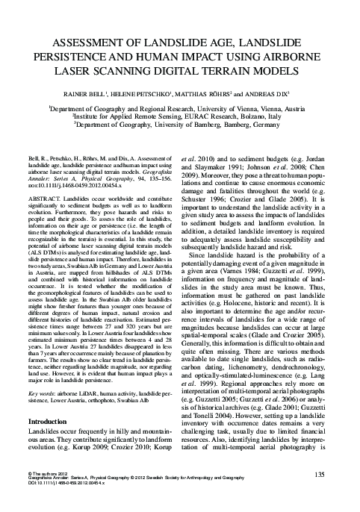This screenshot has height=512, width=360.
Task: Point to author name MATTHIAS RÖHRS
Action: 217,96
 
